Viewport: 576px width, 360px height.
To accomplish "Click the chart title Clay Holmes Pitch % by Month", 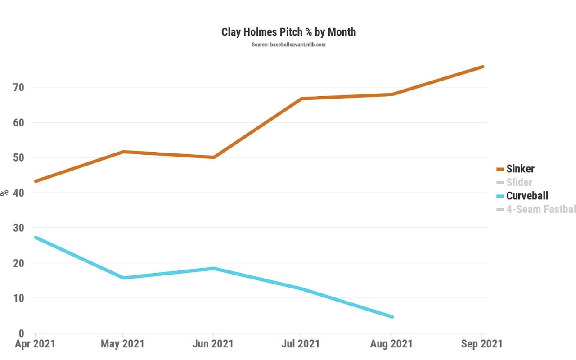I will [288, 32].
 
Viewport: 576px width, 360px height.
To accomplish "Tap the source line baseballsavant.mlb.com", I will [288, 45].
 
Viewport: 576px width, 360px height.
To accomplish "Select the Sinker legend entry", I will [520, 169].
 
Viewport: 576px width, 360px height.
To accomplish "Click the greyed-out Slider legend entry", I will [519, 182].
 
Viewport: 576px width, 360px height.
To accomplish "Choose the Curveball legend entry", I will [527, 196].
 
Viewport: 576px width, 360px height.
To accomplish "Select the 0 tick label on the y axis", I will [21, 333].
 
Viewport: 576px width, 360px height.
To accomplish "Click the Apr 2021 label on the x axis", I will [35, 344].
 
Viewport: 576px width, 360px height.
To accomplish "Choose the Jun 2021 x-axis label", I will [213, 344].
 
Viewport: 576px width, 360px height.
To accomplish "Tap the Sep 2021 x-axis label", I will [481, 344].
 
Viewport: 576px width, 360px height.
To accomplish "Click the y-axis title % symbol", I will [5, 193].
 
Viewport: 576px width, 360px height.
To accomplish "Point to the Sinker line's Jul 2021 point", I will [301, 99].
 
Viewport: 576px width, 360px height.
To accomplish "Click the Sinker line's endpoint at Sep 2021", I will [482, 67].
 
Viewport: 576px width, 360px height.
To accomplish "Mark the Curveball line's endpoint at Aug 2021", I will [392, 317].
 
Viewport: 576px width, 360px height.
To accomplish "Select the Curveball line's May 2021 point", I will [123, 278].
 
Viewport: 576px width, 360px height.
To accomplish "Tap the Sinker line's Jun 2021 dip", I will [213, 157].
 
